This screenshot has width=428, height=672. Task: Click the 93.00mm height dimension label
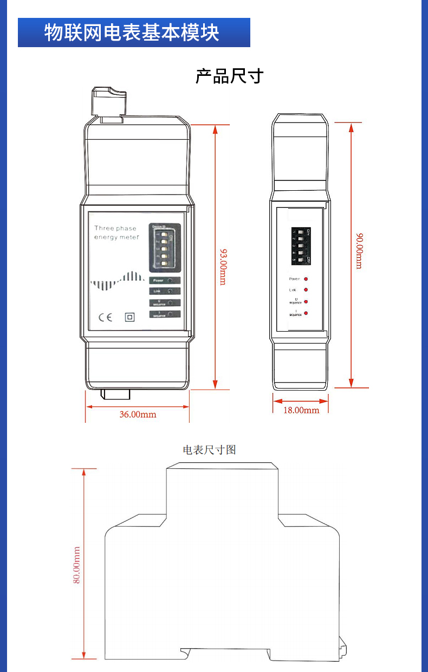coord(223,266)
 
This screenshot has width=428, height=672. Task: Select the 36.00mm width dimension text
coord(138,415)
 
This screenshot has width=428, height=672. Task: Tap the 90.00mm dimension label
coord(359,250)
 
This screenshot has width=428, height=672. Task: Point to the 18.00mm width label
coord(301,410)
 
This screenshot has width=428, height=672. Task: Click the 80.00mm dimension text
coord(77,565)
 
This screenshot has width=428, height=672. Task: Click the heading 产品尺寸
coord(229,76)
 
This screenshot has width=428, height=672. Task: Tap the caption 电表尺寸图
coord(210,450)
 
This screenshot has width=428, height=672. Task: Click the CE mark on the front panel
coord(105,317)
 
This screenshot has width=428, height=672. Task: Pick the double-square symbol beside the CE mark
coord(129,317)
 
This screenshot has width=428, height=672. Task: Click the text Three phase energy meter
coord(116,233)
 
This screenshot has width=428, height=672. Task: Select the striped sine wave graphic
coord(117,280)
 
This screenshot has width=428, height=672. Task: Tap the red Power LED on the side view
coord(306,279)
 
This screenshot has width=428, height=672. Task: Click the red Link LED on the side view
coord(306,290)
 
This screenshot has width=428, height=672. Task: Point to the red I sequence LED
coord(306,313)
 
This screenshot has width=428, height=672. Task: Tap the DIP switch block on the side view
coord(301,245)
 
